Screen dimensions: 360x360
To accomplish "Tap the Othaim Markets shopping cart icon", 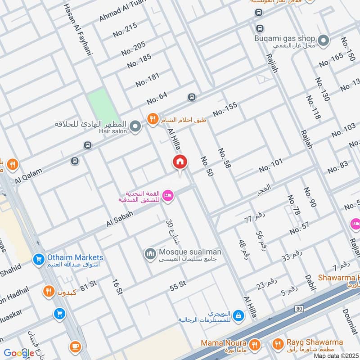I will click(38, 259).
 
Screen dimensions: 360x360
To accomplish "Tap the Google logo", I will click(19, 353).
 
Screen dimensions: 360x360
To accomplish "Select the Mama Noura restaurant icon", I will click(255, 344).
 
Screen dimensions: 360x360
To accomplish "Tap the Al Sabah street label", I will click(120, 218).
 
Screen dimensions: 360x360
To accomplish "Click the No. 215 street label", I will click(125, 30).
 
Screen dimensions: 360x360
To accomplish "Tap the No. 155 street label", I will click(225, 109).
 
